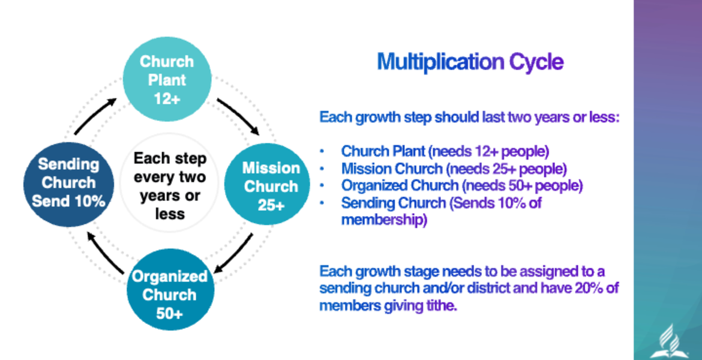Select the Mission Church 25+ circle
(270, 185)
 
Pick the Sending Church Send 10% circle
(67, 183)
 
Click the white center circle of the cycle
(169, 185)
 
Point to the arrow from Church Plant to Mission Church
(239, 116)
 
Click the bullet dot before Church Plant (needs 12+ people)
(322, 151)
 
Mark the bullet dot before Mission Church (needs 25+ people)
(322, 169)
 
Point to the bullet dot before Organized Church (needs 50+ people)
(322, 186)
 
